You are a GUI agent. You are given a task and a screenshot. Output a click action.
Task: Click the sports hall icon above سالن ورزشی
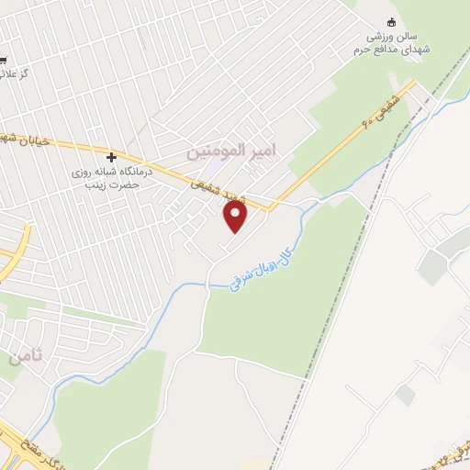tap(393, 22)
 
